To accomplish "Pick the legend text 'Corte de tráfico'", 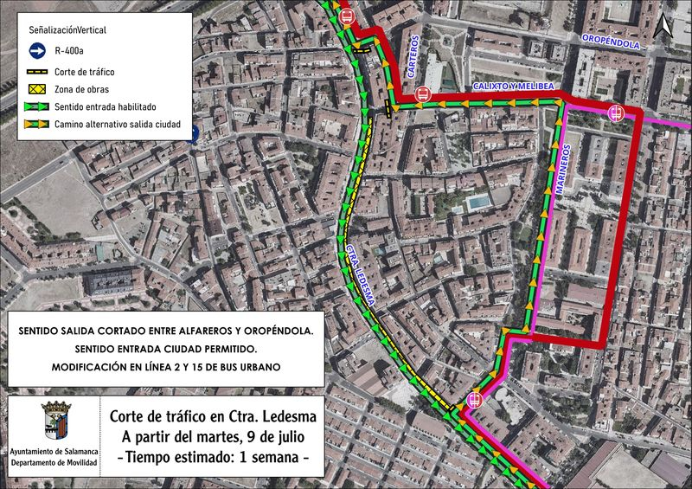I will point(84,72).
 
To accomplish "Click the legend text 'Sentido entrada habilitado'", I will point(105,107).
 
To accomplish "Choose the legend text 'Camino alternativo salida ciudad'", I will point(117,125).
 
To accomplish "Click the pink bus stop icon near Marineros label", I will point(616,112).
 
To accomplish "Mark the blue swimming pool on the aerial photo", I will point(476,203).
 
